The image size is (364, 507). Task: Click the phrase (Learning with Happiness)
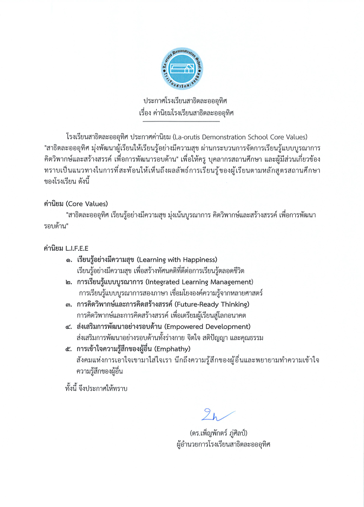177,259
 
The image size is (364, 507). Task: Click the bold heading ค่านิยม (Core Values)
76,203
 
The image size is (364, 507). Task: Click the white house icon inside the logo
182,70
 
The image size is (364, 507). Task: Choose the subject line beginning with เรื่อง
186,113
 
